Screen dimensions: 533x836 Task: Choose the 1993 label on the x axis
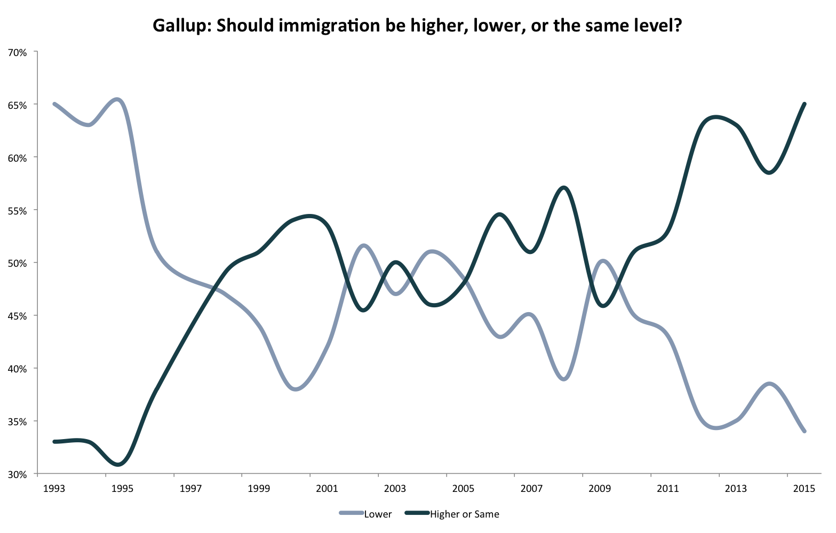[x=54, y=488]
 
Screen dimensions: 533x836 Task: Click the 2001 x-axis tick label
[x=327, y=488]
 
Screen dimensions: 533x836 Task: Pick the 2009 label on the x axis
[x=600, y=488]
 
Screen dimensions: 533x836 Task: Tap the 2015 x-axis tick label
[x=803, y=488]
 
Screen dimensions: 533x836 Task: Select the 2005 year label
[x=463, y=488]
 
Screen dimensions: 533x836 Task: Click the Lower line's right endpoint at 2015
[x=804, y=431]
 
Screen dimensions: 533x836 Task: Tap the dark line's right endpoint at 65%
[x=804, y=104]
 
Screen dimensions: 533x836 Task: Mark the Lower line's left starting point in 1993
[x=54, y=104]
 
